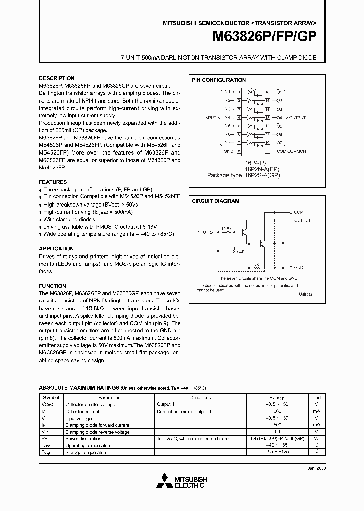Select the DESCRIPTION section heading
pos(57,78)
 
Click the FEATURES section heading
pos(53,182)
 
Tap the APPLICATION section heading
pos(56,248)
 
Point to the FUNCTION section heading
pos(53,286)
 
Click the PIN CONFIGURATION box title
pos(218,80)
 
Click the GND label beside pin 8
pos(229,151)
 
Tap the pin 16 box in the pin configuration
pos(267,92)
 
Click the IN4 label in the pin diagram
pos(226,118)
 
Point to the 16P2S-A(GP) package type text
pos(261,175)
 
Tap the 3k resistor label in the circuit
pos(256,263)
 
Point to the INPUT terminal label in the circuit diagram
pos(204,232)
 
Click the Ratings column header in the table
pos(277,397)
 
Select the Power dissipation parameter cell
pos(83,438)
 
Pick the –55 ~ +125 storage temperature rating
pos(277,452)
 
